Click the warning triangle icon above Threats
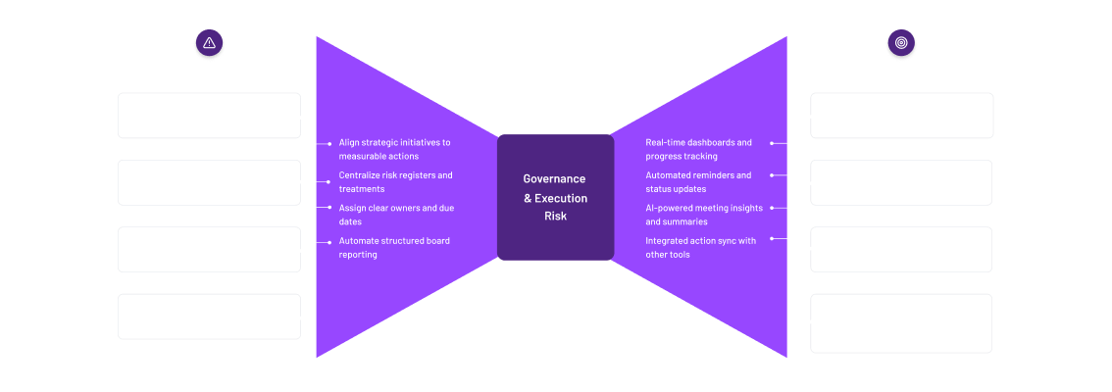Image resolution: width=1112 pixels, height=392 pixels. pyautogui.click(x=209, y=43)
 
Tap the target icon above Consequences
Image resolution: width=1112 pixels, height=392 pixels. pyautogui.click(x=900, y=43)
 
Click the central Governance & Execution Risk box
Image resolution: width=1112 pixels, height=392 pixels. pyautogui.click(x=555, y=197)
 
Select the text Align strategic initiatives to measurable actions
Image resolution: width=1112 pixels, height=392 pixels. pyautogui.click(x=394, y=149)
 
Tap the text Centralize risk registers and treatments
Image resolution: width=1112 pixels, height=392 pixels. pyautogui.click(x=395, y=182)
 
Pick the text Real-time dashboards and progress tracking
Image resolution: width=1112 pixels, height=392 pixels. pyautogui.click(x=698, y=149)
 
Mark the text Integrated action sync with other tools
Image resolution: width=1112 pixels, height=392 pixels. pyautogui.click(x=700, y=248)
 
